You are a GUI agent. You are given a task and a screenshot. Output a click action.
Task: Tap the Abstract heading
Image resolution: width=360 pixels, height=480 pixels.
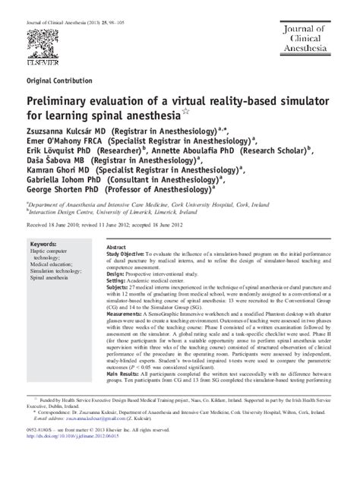point(116,248)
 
